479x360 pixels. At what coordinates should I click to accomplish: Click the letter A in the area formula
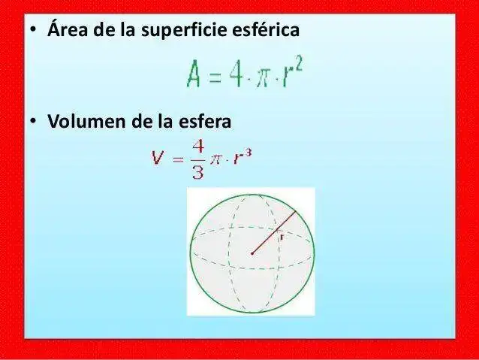(195, 75)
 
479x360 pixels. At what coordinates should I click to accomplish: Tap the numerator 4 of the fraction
(197, 147)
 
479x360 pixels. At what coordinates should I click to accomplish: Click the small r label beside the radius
(279, 236)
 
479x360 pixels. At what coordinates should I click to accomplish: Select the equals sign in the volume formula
(178, 159)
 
